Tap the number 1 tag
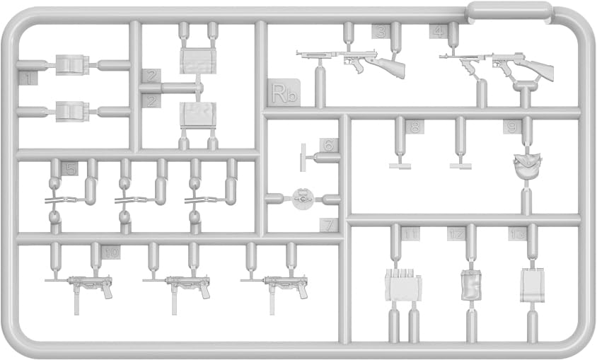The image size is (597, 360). pos(26,79)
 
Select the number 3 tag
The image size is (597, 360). pos(381,31)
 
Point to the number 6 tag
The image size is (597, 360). pos(328,145)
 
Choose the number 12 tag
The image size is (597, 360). pos(456,234)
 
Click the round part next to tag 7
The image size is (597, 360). pos(302,199)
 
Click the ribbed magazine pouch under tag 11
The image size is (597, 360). pos(403,286)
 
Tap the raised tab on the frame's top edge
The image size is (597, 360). pos(509,10)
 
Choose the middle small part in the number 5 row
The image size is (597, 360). pos(125,201)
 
